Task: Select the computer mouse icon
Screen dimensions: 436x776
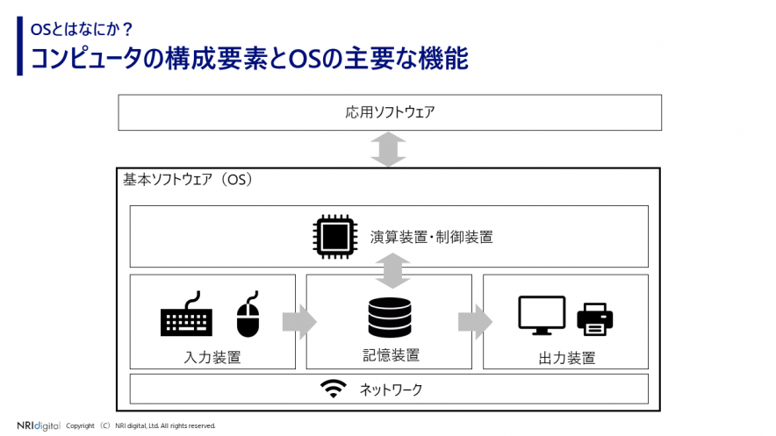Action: point(248,316)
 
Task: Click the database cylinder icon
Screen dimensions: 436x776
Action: point(390,318)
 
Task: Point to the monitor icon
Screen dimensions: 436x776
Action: point(542,315)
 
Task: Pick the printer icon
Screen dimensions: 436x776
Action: point(595,318)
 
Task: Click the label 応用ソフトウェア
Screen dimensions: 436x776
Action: point(390,112)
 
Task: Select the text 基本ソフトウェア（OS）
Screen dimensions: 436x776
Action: point(188,180)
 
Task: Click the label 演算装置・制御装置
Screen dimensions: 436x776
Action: point(431,237)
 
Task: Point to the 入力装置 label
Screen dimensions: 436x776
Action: point(212,357)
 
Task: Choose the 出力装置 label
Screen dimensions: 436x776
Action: point(566,358)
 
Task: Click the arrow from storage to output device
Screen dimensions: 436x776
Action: point(475,321)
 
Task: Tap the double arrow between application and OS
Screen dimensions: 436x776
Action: point(388,148)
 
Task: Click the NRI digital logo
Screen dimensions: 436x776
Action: point(39,425)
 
